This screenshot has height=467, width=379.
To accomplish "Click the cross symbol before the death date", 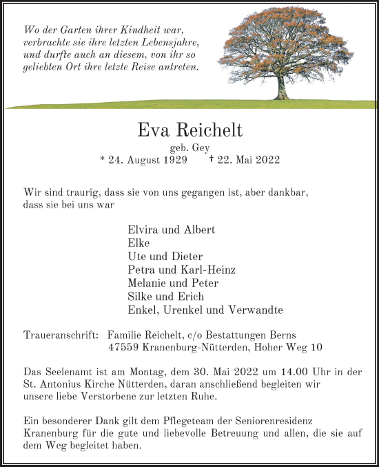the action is (x=211, y=159).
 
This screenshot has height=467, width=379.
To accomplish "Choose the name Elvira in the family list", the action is (x=143, y=230).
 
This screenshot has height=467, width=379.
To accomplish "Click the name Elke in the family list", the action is (x=139, y=243).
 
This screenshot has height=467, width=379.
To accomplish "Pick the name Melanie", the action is (x=148, y=283).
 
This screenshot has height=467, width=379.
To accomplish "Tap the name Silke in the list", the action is (x=141, y=297).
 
